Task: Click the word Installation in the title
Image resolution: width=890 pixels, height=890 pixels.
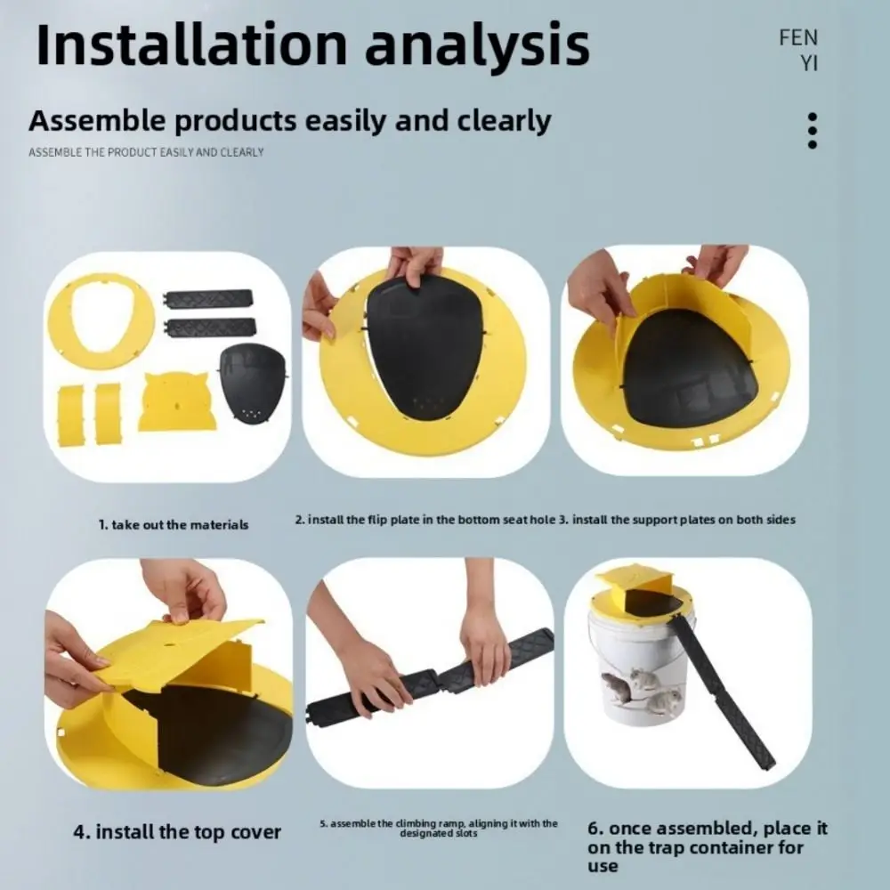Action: coord(192,44)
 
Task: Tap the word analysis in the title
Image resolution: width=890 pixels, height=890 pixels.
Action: coord(478,44)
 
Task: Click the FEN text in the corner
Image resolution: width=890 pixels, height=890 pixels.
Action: coord(797,38)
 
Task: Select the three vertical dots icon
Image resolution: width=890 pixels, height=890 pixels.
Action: coord(812,130)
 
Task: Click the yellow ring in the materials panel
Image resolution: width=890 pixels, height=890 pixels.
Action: coord(101,320)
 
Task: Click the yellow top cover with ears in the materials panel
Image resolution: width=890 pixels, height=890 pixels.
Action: coord(177,402)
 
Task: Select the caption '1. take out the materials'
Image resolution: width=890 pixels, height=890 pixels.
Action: coord(173,525)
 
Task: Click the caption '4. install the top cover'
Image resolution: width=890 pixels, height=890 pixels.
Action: coord(176,833)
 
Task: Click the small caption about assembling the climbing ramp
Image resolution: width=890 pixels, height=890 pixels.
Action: coord(439,828)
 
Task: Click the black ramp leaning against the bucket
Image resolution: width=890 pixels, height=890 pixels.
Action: coord(721,689)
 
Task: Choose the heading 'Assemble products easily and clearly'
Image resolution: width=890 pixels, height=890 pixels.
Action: coord(289,121)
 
